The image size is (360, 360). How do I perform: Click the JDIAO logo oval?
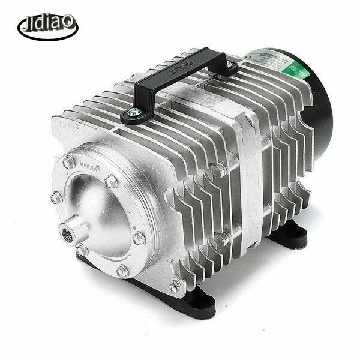tap(47, 25)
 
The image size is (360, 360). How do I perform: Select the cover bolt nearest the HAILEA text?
tap(112, 180)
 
